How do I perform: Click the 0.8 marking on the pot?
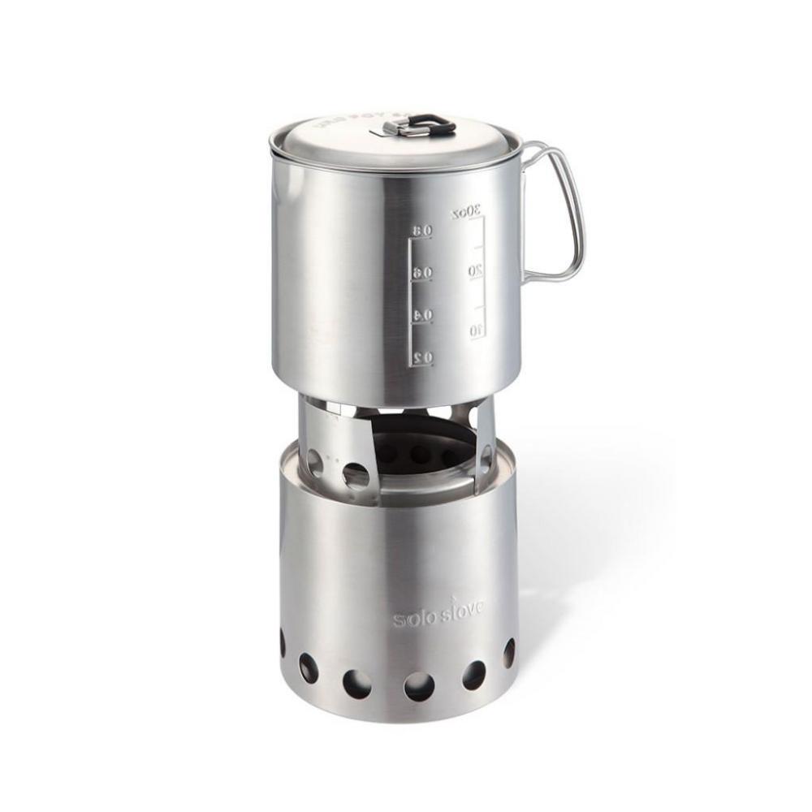[421, 231]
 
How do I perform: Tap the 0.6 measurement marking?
[421, 273]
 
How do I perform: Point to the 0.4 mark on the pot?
[421, 314]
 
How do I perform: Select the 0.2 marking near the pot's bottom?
[421, 356]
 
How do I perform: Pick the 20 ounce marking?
[476, 270]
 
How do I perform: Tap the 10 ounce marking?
[476, 329]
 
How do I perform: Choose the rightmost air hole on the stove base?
[509, 653]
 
